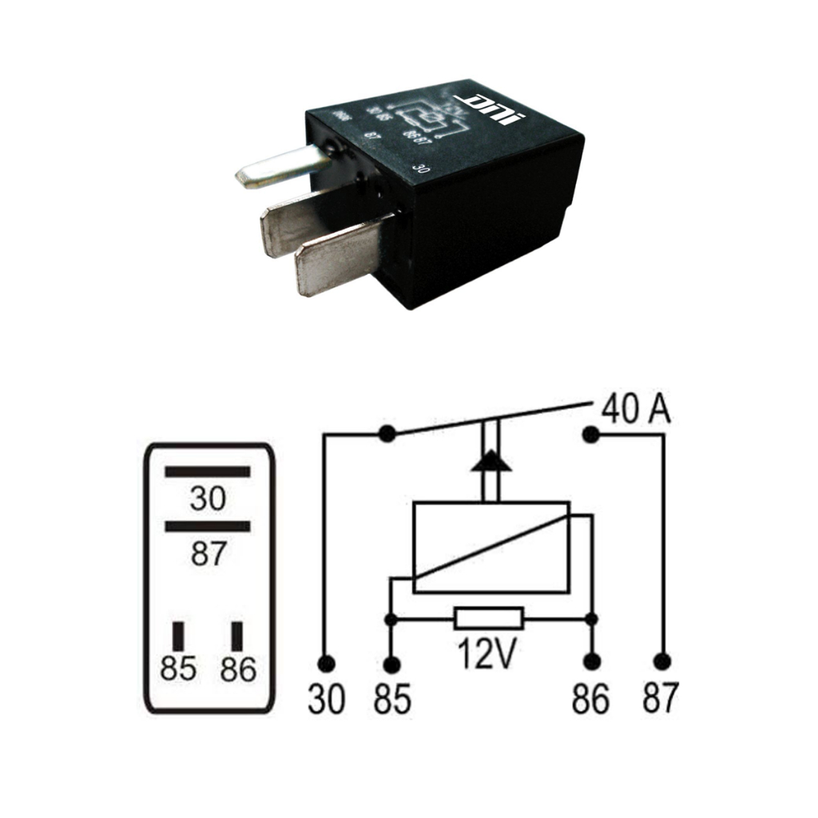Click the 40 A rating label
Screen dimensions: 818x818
636,410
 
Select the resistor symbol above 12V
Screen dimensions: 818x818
489,618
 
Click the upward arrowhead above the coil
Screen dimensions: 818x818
490,463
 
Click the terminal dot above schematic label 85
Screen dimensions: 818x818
391,664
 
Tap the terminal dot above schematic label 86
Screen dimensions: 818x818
591,662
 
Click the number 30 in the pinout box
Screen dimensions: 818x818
208,499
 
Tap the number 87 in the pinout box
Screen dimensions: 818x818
208,553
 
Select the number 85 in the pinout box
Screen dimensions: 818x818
177,669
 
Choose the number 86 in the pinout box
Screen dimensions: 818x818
238,669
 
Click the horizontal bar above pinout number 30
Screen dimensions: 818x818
208,471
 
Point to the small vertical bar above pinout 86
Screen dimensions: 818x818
237,635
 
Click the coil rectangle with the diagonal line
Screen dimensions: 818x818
490,547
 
